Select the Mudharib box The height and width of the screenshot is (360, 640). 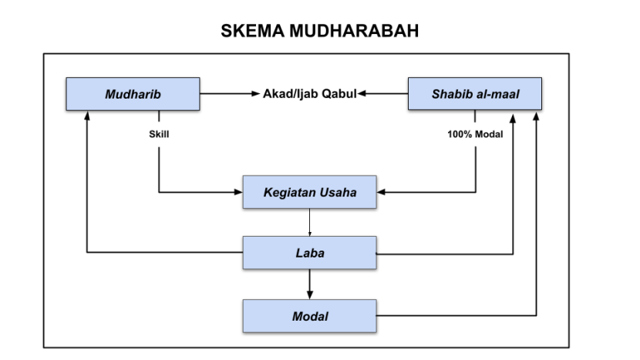(133, 94)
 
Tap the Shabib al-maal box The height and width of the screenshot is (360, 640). (474, 94)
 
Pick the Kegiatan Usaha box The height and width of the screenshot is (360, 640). (309, 192)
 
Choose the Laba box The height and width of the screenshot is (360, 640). (309, 252)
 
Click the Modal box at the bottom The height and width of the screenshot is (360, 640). (309, 316)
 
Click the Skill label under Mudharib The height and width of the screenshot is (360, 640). (159, 133)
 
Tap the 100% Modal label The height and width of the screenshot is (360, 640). (475, 133)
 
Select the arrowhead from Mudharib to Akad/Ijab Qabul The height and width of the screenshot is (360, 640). (257, 94)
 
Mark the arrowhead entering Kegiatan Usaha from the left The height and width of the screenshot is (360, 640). (238, 192)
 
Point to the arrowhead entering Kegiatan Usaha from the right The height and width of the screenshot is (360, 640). (381, 192)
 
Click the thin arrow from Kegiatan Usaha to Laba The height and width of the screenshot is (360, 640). (309, 224)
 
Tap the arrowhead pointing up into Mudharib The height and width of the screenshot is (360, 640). (87, 116)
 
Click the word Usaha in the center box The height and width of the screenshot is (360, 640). (339, 192)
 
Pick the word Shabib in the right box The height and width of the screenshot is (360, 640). (450, 94)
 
